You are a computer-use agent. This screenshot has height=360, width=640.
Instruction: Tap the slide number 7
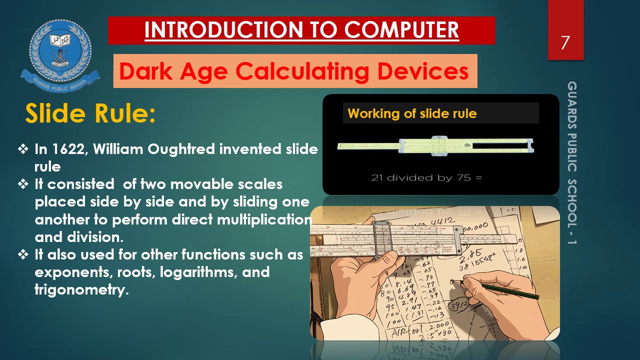[565, 43]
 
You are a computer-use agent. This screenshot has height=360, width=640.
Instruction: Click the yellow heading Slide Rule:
[90, 113]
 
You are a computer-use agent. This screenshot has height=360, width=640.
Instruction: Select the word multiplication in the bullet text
[264, 219]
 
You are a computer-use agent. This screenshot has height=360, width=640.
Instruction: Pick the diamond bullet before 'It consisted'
[23, 184]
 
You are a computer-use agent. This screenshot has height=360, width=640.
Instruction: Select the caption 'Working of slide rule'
[412, 113]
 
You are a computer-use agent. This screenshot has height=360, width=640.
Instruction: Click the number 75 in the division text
[461, 177]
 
